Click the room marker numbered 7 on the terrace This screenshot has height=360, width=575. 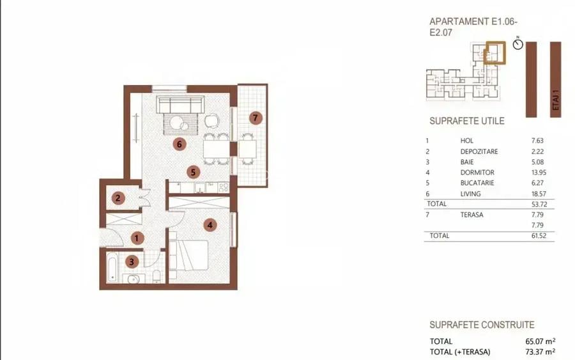tap(256, 118)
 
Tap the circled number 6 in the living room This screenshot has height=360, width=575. tap(180, 145)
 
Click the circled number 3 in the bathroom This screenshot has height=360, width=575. tap(132, 261)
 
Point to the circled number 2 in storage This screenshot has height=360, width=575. tap(118, 198)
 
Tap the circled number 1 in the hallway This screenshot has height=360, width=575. tap(136, 238)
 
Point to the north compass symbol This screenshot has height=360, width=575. tap(517, 44)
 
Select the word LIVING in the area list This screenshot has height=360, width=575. tap(470, 194)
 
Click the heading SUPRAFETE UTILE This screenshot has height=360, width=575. tap(466, 121)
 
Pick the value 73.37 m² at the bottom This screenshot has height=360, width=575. tap(538, 351)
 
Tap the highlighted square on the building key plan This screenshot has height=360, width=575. tap(494, 52)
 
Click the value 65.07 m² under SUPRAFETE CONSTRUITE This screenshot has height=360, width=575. tap(538, 341)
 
